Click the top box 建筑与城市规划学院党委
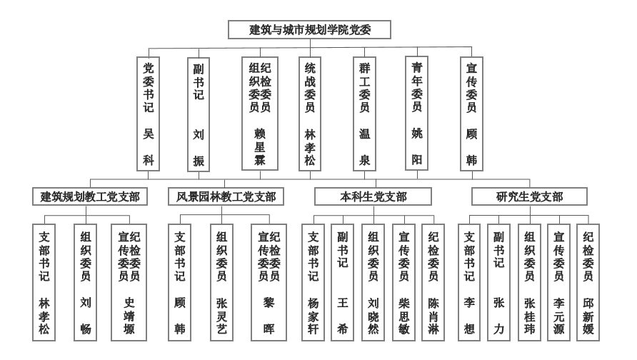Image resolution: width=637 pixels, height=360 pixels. click(309, 30)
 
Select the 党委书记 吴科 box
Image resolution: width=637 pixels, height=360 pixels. click(149, 114)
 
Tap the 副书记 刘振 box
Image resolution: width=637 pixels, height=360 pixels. click(199, 114)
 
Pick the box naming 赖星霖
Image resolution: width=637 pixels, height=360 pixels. click(260, 114)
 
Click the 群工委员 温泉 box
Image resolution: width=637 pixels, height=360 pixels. click(364, 114)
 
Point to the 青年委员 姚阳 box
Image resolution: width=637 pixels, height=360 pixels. click(417, 114)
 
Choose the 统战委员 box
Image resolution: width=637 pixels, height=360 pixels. click(310, 114)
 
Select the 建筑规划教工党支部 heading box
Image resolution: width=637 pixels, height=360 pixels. click(90, 196)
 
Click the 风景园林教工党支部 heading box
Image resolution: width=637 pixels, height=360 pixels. click(226, 196)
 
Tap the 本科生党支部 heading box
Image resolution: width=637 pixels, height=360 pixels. click(373, 196)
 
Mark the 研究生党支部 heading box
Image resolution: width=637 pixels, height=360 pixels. click(529, 196)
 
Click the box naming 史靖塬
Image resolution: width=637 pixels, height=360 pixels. click(129, 282)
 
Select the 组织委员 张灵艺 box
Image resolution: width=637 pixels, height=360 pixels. click(222, 282)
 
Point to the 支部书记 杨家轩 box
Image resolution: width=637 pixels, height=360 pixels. click(314, 282)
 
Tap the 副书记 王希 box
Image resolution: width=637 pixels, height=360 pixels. click(343, 282)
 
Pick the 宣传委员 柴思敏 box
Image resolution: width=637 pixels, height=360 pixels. click(403, 282)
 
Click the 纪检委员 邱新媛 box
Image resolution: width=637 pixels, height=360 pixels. click(588, 282)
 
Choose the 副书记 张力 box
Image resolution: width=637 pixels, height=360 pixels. click(499, 282)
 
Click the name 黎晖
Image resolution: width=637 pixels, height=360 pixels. click(269, 316)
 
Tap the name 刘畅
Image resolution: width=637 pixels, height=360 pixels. click(85, 316)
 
